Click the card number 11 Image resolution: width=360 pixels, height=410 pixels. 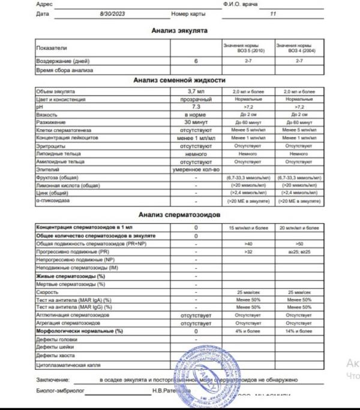click(274, 13)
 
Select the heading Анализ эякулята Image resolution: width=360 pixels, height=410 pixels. click(179, 30)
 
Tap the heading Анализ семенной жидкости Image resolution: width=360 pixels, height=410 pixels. click(179, 80)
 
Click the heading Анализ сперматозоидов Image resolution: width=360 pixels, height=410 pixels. click(179, 215)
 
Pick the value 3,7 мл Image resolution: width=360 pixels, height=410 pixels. click(196, 91)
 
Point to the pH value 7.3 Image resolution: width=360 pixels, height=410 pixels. click(196, 106)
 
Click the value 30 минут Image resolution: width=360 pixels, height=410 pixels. click(196, 122)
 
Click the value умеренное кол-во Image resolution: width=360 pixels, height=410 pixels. click(196, 169)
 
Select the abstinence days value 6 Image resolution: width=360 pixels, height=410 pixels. click(196, 61)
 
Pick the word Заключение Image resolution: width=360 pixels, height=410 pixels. click(53, 380)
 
